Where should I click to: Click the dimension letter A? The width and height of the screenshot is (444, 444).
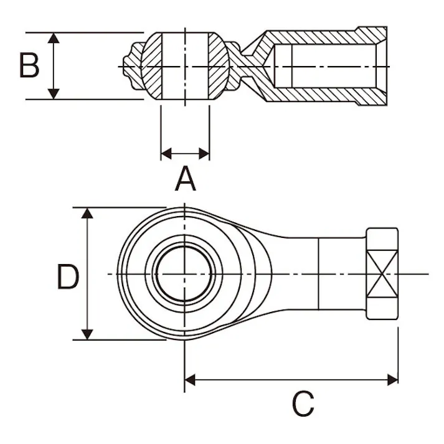coord(185,180)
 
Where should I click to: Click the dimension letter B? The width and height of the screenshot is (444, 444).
coord(29,65)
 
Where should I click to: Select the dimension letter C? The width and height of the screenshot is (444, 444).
coord(303,405)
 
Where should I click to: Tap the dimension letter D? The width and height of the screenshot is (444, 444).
coord(68,278)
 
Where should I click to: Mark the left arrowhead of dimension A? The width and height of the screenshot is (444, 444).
coord(166,152)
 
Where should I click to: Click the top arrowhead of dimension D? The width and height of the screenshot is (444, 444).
coord(87,214)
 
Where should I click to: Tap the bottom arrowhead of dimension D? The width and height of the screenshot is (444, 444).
coord(87,334)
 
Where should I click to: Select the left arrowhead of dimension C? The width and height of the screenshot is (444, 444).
coord(191,379)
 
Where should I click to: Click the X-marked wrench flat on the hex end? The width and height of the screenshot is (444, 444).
coord(382,274)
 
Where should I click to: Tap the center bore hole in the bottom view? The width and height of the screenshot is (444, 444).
coord(184,274)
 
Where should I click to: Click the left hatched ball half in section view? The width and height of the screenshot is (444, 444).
coord(152,65)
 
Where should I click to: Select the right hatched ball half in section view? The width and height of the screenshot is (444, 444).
coord(218,65)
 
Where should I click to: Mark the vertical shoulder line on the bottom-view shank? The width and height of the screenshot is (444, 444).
coord(319,274)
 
